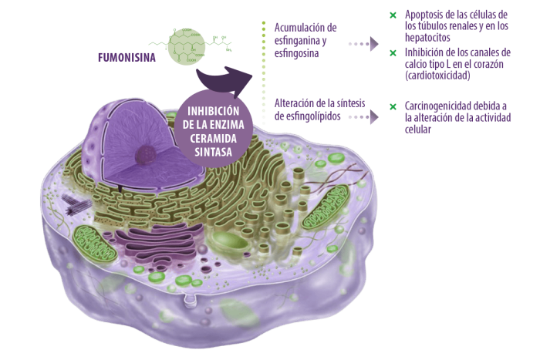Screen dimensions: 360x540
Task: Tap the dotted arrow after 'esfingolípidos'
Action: [363, 116]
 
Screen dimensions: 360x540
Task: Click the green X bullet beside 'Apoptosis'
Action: [393, 15]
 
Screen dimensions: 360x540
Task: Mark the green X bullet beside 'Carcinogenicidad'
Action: [393, 105]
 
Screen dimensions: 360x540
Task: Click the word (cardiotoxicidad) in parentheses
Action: [437, 76]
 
